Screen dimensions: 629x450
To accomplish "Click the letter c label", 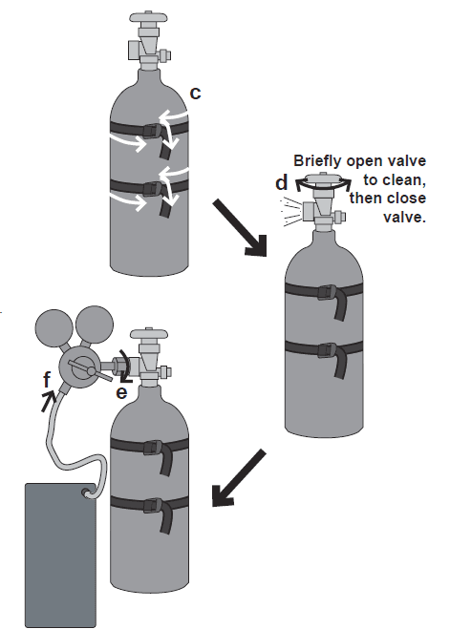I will (x=195, y=93).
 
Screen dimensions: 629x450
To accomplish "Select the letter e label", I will (x=122, y=390).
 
